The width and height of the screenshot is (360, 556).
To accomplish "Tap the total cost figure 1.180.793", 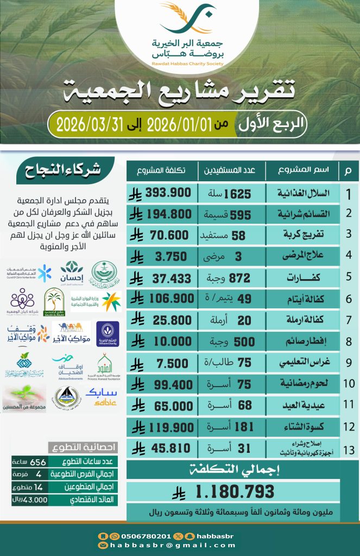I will (x=235, y=492).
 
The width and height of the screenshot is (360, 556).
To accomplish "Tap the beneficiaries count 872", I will (x=238, y=278).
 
